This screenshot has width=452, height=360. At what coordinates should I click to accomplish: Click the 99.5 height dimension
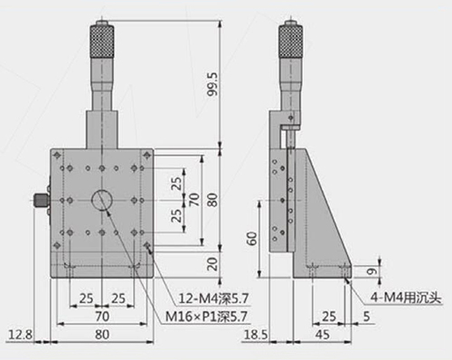click(213, 84)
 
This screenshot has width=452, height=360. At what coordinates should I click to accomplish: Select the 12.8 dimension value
click(20, 335)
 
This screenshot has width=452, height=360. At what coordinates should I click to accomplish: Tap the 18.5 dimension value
click(256, 335)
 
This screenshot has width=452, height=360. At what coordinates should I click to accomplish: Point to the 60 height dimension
click(252, 238)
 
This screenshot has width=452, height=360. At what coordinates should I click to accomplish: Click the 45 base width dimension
click(323, 335)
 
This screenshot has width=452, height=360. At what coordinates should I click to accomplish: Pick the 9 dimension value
click(372, 271)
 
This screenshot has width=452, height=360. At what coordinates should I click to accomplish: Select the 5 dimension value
click(366, 317)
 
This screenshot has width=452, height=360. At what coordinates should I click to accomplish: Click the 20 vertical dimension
click(212, 264)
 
